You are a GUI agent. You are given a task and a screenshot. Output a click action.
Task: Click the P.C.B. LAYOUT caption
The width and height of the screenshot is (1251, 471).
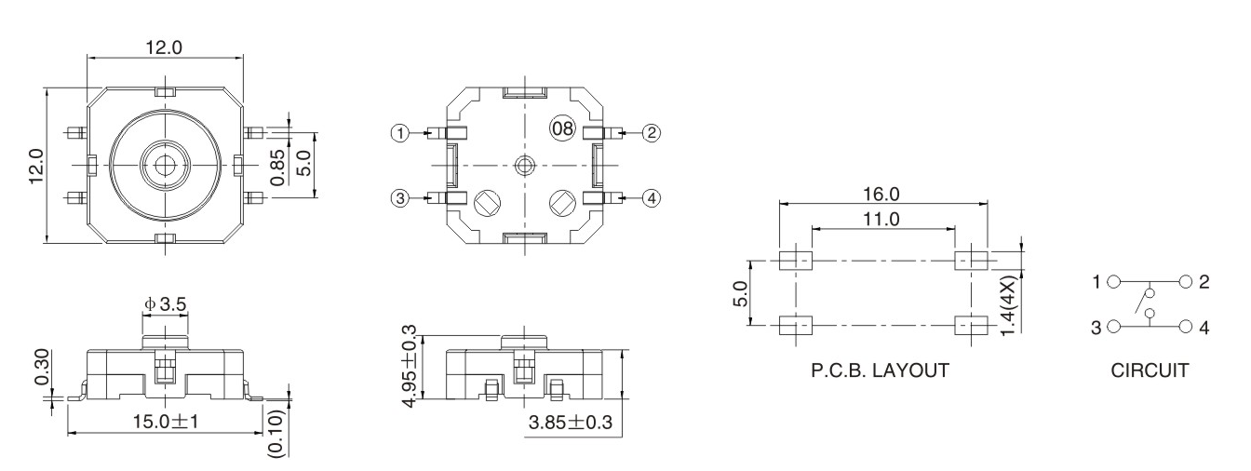coord(881,370)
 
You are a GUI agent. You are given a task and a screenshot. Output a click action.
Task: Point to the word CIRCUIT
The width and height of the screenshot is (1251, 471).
coord(1150,370)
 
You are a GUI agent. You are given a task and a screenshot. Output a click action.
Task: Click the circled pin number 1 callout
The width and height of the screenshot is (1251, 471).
coord(400,133)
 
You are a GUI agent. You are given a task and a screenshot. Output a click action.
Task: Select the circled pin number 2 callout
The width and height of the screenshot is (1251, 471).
coord(652,133)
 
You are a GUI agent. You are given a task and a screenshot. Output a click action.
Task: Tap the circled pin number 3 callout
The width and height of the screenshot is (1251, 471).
coord(400,197)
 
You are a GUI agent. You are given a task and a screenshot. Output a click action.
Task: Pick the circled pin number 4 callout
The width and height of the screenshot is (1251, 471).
coord(652,197)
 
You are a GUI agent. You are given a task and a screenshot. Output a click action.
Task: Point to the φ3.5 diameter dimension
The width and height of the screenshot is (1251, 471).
coord(166,303)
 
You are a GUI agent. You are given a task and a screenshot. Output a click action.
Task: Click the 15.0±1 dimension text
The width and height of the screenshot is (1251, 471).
coord(165,421)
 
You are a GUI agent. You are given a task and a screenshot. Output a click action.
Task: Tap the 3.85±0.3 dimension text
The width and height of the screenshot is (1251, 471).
coord(570,422)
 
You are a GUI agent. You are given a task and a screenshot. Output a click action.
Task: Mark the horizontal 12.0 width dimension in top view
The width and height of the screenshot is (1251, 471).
coord(165,47)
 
